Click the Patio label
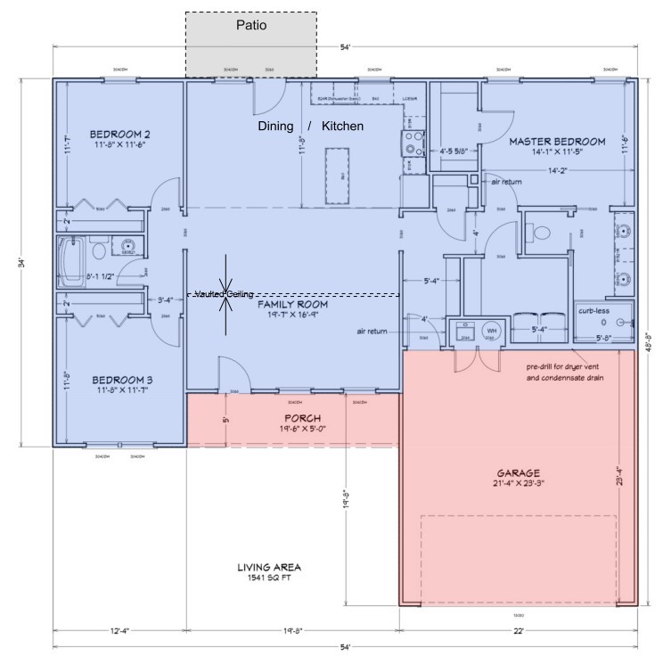pyautogui.click(x=251, y=26)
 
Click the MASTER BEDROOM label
pyautogui.click(x=557, y=141)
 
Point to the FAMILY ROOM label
pyautogui.click(x=293, y=305)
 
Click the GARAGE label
pyautogui.click(x=520, y=472)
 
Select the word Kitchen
pyautogui.click(x=342, y=127)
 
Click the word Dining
pyautogui.click(x=275, y=127)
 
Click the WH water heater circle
pyautogui.click(x=490, y=331)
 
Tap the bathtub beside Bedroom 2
pyautogui.click(x=72, y=258)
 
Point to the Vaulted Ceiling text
pyautogui.click(x=225, y=294)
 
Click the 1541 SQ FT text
pyautogui.click(x=268, y=578)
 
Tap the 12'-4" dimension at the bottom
pyautogui.click(x=119, y=630)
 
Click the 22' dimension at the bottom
pyautogui.click(x=518, y=630)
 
